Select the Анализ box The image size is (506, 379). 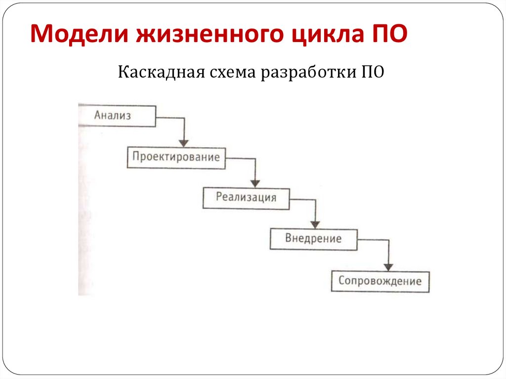click(117, 116)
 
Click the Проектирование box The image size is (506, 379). click(176, 158)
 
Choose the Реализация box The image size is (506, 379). click(246, 198)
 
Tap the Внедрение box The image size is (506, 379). click(313, 239)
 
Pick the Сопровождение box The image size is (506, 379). click(380, 281)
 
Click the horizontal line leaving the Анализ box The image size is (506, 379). click(170, 118)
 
